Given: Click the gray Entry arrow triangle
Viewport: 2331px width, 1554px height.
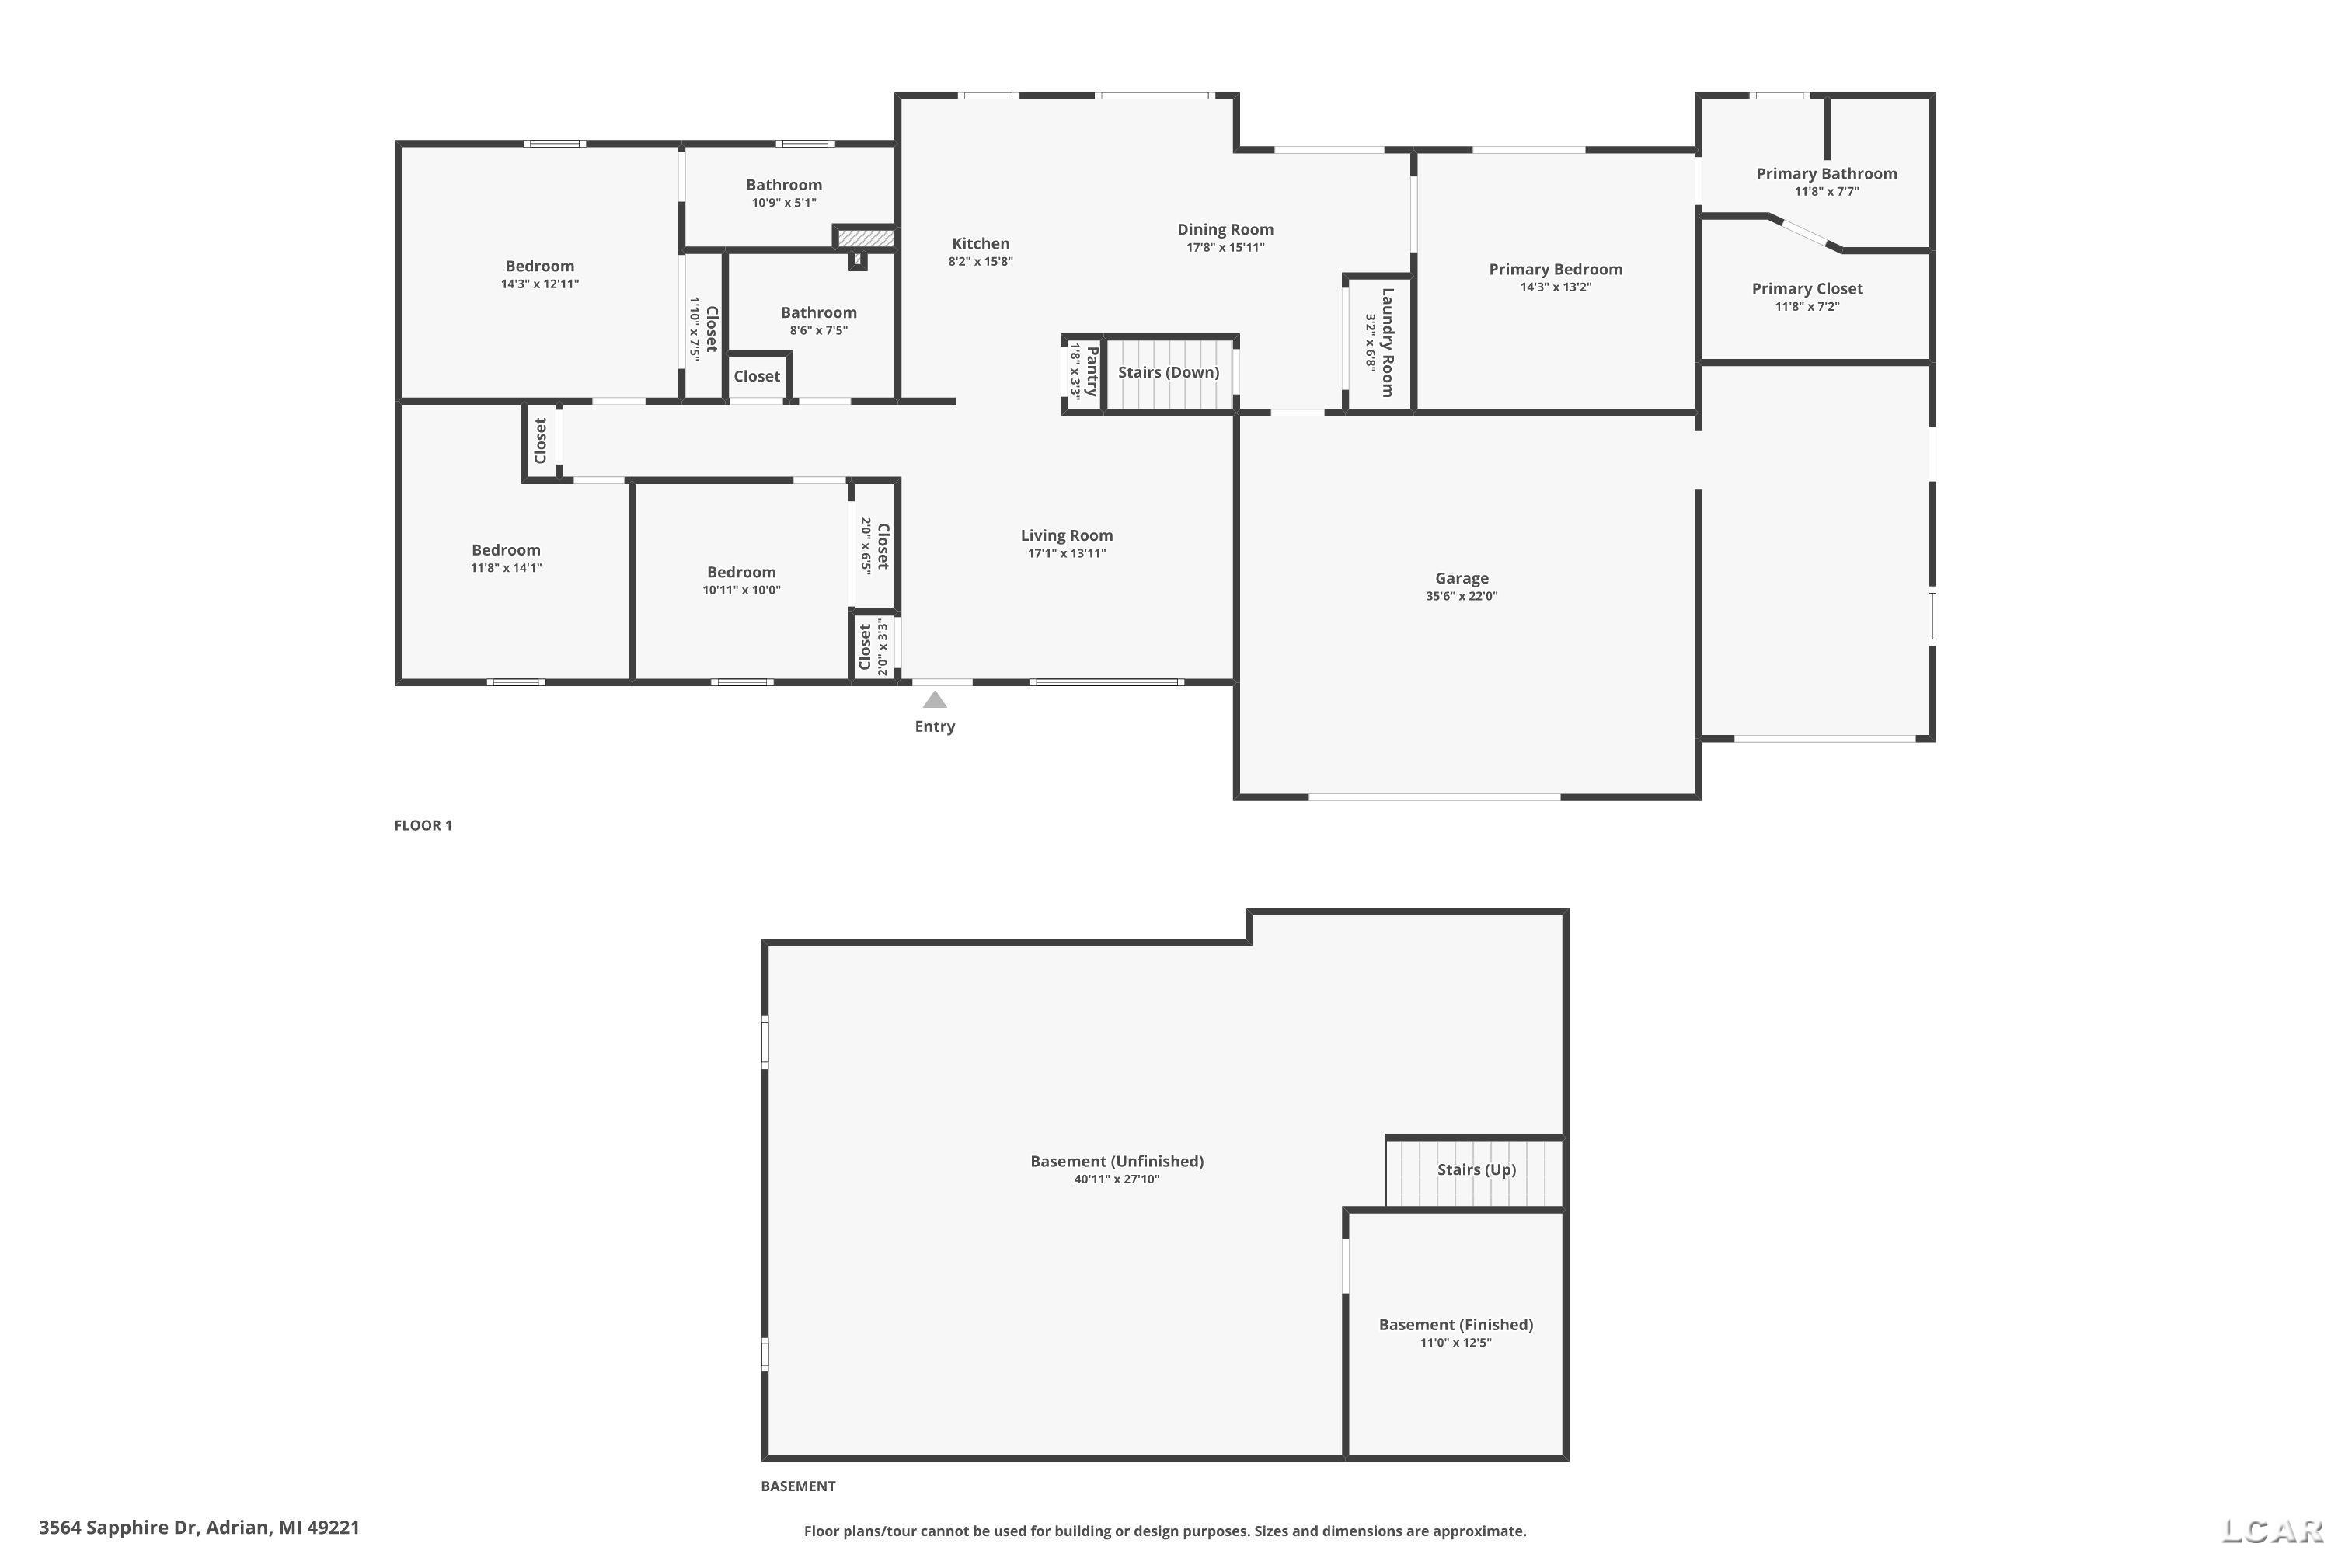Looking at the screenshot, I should click(x=935, y=701).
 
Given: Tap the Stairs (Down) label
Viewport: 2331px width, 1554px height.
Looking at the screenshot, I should click(x=1169, y=373).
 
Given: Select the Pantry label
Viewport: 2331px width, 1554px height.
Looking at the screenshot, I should click(x=1091, y=371).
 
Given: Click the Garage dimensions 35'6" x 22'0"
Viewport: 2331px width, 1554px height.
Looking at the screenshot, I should click(x=1462, y=597).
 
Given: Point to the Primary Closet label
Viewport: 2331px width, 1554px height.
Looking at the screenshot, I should click(x=1807, y=288).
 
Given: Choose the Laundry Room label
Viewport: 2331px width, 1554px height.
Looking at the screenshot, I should click(x=1388, y=342).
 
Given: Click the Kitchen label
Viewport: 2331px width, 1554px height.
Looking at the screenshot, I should click(x=980, y=244).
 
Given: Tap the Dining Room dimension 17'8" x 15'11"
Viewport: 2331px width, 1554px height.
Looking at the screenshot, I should click(x=1225, y=248).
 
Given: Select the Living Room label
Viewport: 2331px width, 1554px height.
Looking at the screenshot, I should click(x=1066, y=535).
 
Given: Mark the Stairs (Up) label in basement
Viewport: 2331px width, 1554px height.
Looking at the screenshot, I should click(x=1476, y=1169).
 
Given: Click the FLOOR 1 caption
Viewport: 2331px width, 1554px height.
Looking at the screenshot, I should click(x=423, y=824).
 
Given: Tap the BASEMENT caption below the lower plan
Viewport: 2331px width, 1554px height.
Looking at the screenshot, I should click(x=798, y=1486).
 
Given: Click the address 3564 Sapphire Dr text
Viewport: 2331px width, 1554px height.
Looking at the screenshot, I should click(x=199, y=1528).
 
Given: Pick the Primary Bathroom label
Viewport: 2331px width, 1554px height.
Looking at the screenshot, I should click(x=1825, y=173).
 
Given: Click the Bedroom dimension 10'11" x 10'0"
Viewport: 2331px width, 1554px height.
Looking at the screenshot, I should click(x=741, y=591).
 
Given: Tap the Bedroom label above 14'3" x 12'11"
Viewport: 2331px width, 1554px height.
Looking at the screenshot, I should click(x=539, y=266).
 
